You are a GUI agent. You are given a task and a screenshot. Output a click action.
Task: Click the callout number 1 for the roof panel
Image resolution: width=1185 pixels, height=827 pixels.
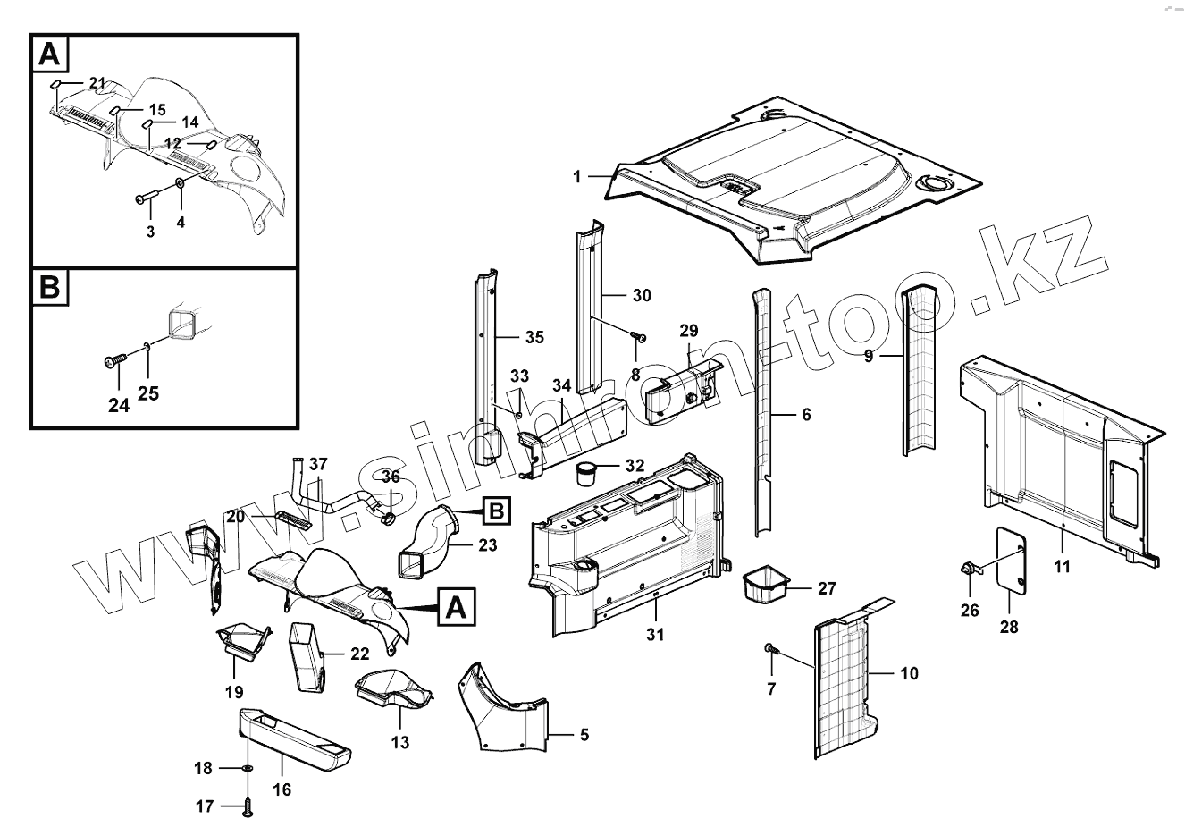[x=577, y=177]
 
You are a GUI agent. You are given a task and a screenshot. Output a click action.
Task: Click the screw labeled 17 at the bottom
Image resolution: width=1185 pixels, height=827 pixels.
[x=248, y=808]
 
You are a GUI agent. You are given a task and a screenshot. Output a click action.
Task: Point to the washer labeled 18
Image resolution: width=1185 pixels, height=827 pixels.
[x=248, y=768]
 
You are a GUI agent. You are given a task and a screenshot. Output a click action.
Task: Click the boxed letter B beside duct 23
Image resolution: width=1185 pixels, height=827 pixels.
[x=496, y=512]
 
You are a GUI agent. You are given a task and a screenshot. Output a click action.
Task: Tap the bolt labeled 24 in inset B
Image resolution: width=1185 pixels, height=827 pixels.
[x=113, y=361]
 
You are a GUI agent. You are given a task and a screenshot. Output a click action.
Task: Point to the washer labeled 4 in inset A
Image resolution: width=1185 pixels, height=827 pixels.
[x=181, y=182]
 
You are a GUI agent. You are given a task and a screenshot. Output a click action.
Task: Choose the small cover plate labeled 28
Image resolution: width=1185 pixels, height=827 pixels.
[x=1011, y=559]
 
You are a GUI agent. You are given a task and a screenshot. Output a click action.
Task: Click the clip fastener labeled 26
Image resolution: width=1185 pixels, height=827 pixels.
[x=969, y=567]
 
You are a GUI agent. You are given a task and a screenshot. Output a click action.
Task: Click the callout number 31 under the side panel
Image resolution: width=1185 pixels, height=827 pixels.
[x=655, y=635]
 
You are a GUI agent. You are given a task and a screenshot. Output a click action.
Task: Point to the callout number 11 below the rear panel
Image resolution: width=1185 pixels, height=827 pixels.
[x=1062, y=566]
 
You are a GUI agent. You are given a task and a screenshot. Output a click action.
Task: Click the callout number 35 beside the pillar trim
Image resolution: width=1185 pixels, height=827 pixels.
[x=534, y=337]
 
